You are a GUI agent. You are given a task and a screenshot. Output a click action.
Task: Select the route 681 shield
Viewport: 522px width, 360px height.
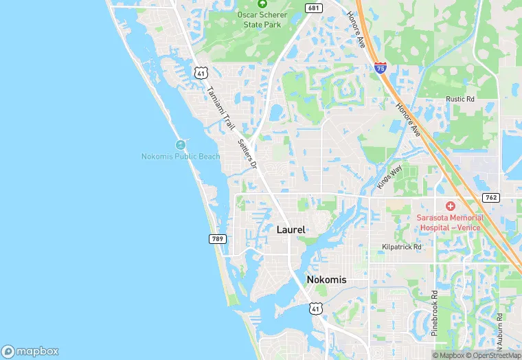(313, 8)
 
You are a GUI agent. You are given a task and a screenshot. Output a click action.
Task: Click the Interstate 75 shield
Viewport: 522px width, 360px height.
(380, 67)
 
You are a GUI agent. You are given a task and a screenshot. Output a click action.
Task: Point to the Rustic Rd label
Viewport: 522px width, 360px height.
(460, 99)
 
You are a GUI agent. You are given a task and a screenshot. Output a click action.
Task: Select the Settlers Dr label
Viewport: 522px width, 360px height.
(246, 154)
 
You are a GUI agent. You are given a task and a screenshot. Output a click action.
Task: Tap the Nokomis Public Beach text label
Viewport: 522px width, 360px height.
(181, 157)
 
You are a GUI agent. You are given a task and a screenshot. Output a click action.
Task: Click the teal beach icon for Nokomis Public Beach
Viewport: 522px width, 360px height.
(181, 145)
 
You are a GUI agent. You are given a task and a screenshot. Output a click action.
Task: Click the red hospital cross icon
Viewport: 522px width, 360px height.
(451, 206)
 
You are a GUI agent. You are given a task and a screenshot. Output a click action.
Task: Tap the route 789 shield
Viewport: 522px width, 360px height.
(216, 238)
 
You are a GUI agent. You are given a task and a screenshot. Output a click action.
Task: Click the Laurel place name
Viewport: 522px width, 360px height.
(291, 230)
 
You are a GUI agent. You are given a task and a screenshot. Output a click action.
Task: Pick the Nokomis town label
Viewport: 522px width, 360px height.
(326, 280)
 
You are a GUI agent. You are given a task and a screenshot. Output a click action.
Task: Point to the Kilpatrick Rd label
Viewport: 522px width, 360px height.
(402, 246)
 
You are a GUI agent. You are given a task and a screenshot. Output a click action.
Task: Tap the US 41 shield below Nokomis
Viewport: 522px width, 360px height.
(314, 308)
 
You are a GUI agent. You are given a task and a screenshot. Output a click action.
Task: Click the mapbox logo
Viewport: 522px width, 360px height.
(30, 350)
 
